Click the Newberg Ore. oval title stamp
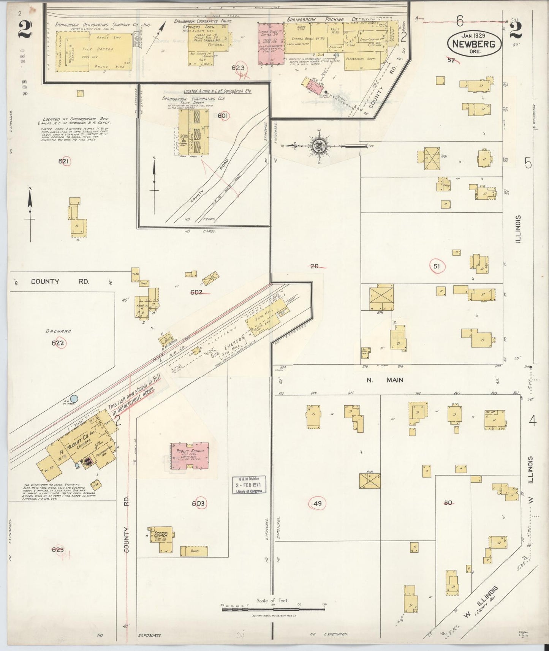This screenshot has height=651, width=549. (474, 44)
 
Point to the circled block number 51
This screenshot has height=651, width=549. (437, 267)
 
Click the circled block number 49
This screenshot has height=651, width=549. (318, 504)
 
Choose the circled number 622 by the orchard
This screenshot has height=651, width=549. (58, 343)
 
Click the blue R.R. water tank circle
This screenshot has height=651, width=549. (74, 399)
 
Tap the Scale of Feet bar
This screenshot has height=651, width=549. (273, 609)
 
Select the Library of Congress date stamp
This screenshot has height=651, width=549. (249, 485)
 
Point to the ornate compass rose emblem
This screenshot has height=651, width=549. (318, 146)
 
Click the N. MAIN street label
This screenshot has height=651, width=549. (385, 380)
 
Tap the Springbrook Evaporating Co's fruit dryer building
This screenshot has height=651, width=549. (194, 131)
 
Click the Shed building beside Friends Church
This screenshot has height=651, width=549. (194, 551)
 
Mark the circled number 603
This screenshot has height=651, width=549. (198, 504)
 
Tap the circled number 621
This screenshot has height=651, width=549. (64, 161)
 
